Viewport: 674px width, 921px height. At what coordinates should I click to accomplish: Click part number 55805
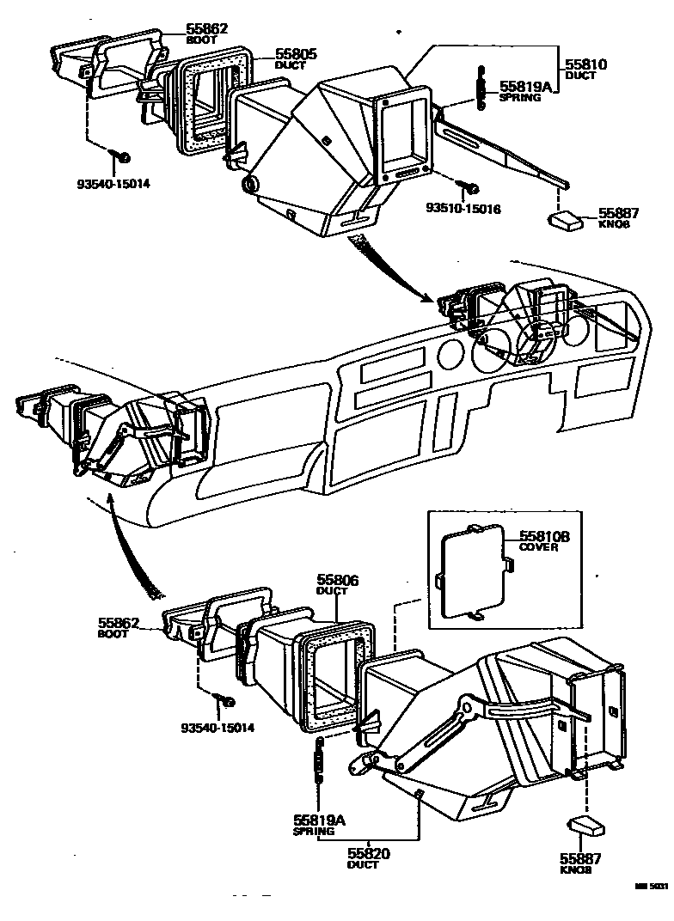coord(297,53)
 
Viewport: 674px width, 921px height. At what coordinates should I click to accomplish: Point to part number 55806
coord(338,581)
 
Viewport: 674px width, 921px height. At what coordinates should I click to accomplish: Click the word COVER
coord(539,547)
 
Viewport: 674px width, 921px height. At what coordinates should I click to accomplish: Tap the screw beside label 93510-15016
coord(469,186)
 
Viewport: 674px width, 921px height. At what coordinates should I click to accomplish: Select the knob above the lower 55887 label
coord(587,826)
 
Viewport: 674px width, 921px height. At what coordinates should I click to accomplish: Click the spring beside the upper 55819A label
coord(481,86)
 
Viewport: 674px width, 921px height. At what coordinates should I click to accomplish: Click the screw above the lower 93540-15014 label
coord(228,702)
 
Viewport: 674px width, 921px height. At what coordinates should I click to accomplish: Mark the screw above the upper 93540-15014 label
coord(121,156)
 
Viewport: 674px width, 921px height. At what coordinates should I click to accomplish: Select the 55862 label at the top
coord(207,29)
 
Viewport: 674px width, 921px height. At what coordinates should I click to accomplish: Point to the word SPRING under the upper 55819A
coord(520,97)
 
